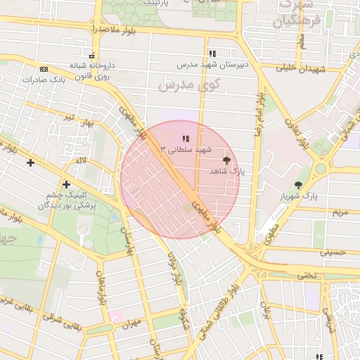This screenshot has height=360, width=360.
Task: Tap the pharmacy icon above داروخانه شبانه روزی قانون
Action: (91, 56)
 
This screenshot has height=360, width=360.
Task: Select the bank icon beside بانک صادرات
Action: (44, 70)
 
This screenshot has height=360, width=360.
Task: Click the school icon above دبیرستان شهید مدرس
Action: (212, 53)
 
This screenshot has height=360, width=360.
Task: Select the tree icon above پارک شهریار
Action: (299, 185)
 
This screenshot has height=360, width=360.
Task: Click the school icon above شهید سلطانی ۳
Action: (186, 139)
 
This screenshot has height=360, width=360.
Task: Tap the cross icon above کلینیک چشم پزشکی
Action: (66, 184)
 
